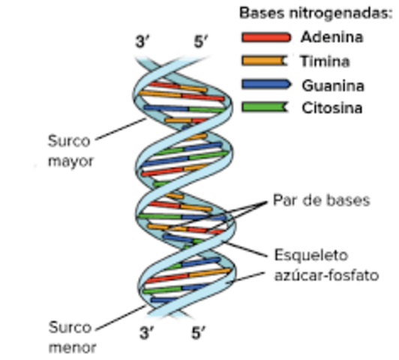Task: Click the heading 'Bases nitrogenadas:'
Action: coord(314,13)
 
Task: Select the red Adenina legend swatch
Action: coord(265,37)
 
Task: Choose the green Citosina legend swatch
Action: coord(265,107)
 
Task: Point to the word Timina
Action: coord(324,61)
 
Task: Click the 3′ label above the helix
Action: coord(143,43)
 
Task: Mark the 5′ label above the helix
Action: coord(201,43)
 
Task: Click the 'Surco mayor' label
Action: coord(70,150)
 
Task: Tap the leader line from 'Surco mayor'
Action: coord(120,129)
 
